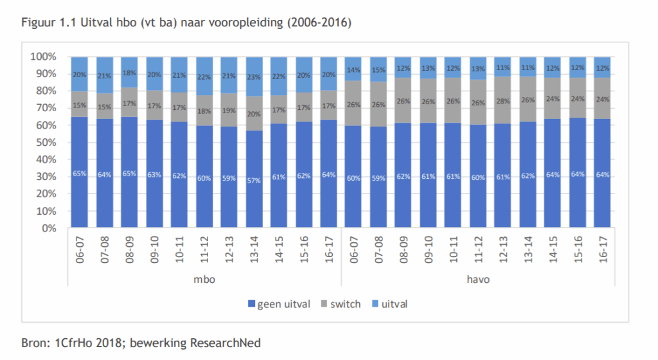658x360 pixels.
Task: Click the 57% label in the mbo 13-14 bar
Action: [x=254, y=181]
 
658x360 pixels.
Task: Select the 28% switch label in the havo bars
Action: [x=503, y=102]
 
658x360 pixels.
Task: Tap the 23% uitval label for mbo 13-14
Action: [x=254, y=76]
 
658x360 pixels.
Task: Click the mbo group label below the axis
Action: [x=205, y=280]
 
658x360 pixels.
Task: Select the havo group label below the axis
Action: [x=478, y=280]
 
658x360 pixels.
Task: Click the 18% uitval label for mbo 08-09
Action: [x=130, y=73]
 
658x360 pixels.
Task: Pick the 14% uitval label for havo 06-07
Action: [x=354, y=69]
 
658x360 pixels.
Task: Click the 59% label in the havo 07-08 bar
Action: [x=379, y=178]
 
